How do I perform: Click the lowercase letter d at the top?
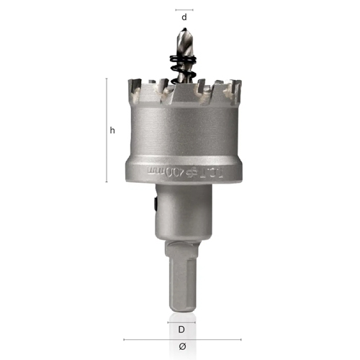click(x=184, y=16)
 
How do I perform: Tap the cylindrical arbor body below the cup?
click(x=184, y=212)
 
